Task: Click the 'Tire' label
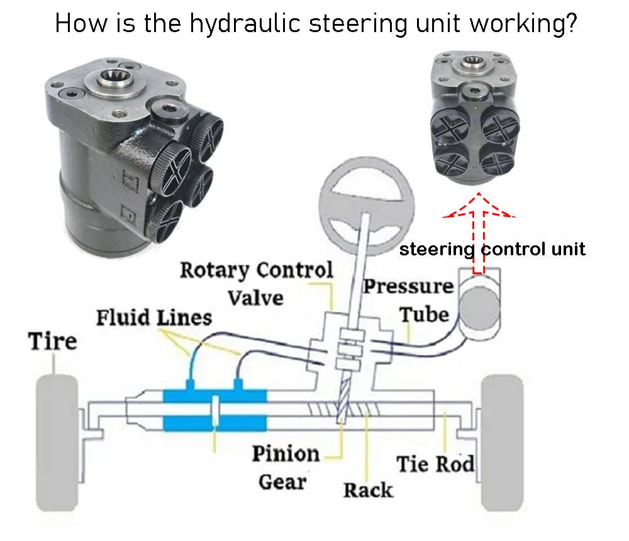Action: pos(53,342)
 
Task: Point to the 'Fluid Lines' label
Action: pos(153,318)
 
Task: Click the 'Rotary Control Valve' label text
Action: pos(256,282)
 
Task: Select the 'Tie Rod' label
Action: pos(435,465)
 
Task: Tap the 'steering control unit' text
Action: pos(493,249)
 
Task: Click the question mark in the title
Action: pos(570,23)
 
